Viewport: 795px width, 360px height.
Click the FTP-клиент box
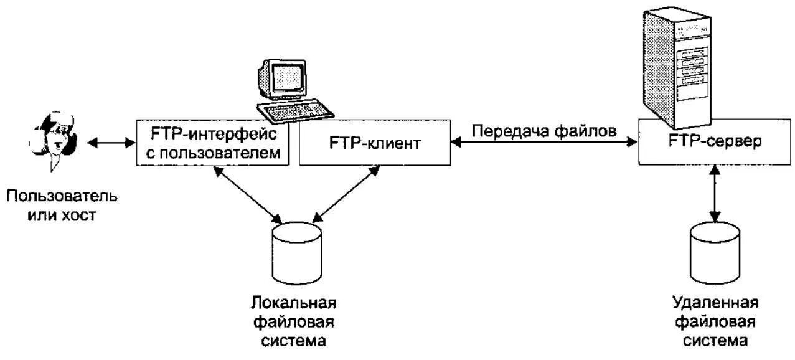click(375, 144)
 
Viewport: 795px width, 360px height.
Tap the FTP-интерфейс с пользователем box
click(213, 143)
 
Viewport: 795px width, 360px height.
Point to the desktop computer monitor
click(284, 79)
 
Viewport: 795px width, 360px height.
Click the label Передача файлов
click(544, 131)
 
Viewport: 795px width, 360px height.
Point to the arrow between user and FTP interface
click(111, 143)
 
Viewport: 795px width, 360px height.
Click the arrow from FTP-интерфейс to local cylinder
click(249, 193)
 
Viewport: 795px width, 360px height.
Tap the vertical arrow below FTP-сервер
click(715, 193)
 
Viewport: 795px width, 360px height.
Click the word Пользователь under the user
click(62, 197)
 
